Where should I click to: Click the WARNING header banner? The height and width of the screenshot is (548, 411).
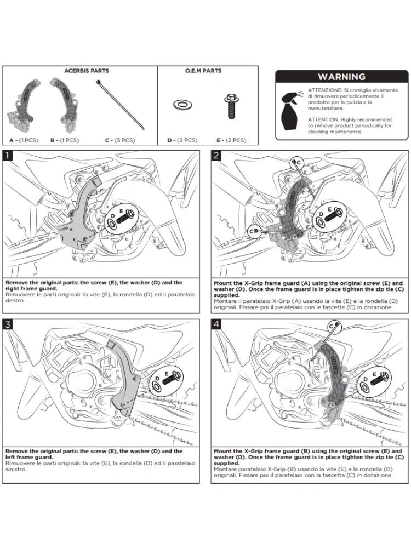click(x=341, y=77)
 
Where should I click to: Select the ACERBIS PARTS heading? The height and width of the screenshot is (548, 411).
click(x=87, y=71)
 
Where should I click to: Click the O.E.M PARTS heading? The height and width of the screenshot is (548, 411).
click(x=204, y=71)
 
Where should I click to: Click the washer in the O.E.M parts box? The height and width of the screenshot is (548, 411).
click(x=179, y=104)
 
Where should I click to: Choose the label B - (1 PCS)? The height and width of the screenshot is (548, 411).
click(x=64, y=140)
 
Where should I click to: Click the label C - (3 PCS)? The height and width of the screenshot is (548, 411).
click(x=119, y=140)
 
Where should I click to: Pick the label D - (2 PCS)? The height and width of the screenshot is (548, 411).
click(x=182, y=140)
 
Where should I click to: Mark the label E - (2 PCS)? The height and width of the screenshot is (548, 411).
click(x=232, y=140)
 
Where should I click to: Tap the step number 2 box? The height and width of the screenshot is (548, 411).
click(x=216, y=155)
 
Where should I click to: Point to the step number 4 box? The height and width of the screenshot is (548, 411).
click(x=216, y=324)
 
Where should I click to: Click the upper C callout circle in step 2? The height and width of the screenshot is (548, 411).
click(x=298, y=162)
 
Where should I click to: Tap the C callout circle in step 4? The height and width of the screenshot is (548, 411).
click(x=332, y=326)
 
